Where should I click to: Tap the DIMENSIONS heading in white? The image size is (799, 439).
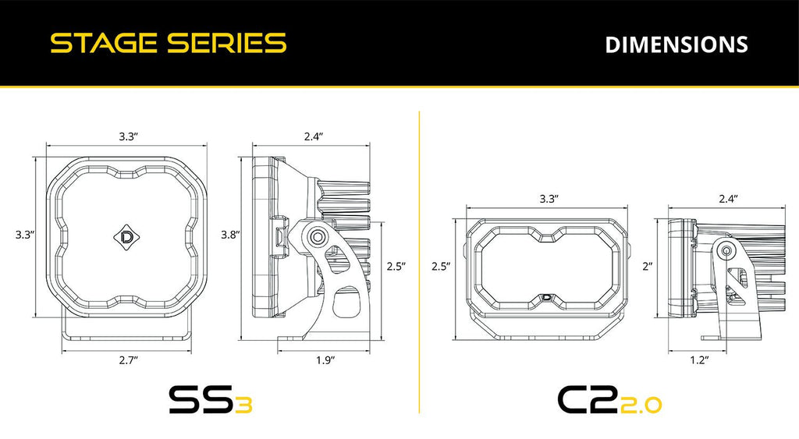676,44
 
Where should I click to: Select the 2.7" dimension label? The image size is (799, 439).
128,359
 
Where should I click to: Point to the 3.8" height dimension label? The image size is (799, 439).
231,234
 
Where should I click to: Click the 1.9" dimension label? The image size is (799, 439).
325,359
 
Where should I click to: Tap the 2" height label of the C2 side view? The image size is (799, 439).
648,266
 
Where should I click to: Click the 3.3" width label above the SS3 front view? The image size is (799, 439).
129,136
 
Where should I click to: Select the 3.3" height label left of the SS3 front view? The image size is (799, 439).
25,234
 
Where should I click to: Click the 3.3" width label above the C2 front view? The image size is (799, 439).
549,199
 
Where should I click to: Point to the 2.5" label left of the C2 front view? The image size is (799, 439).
441,266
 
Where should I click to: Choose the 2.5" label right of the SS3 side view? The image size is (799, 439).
396,266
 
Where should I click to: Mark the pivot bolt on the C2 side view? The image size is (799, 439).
726,251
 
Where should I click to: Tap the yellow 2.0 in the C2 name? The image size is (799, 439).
642,404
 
